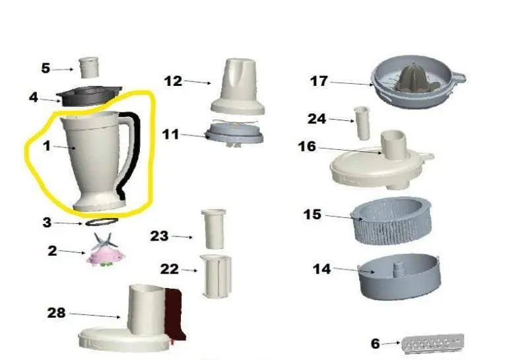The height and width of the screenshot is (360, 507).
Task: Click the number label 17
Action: pos(319,81)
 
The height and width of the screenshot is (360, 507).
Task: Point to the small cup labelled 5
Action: pos(88,67)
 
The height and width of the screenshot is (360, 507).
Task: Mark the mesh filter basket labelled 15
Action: pos(393,221)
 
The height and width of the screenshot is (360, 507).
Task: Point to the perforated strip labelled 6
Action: pos(432,343)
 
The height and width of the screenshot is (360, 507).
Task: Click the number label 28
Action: pos(56,313)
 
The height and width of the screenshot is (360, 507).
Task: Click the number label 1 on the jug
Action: pos(47,146)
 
